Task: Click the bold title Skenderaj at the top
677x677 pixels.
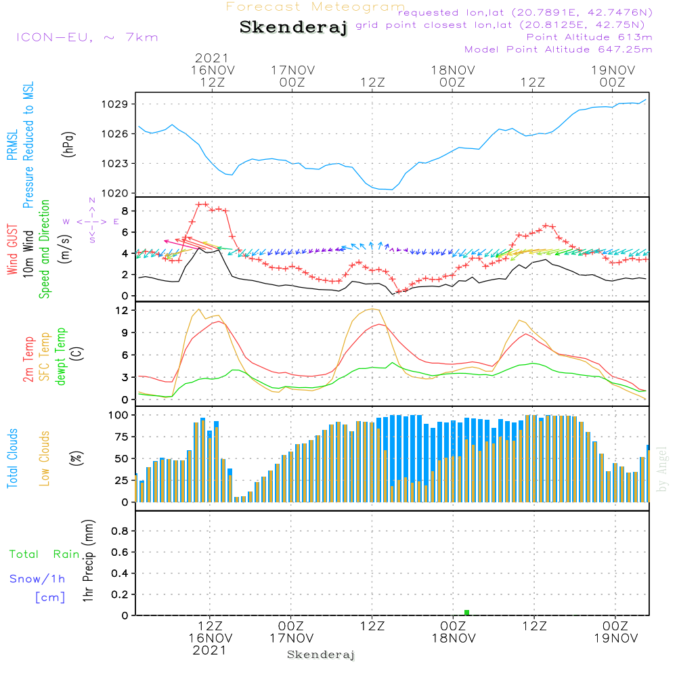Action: tap(293, 28)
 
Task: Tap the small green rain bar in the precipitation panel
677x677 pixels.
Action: tap(466, 613)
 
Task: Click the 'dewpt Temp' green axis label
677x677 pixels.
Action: tap(61, 356)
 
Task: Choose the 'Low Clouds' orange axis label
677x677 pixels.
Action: tap(45, 458)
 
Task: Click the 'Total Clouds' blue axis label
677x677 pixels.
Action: tap(12, 458)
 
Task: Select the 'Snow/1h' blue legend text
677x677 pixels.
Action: tap(37, 579)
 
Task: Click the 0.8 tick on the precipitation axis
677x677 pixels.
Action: tap(120, 531)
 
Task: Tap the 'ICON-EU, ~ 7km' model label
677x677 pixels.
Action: tap(87, 37)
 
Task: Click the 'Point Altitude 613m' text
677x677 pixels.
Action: tap(589, 37)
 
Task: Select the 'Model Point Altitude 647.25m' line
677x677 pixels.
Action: tap(559, 49)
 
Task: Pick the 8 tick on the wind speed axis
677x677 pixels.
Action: tap(125, 211)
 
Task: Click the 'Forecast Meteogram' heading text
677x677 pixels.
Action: tap(315, 7)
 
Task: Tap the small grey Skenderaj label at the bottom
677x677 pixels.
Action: tap(321, 655)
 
